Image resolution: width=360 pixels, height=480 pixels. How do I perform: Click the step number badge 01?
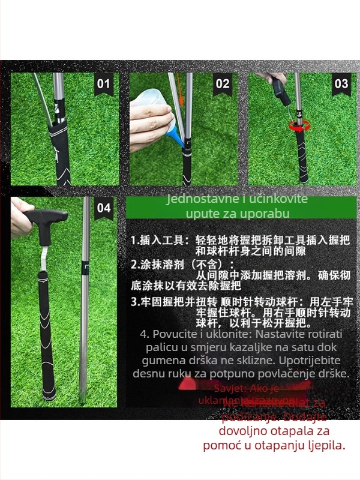[x=104, y=83]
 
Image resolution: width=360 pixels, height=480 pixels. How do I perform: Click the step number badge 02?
[x=223, y=83]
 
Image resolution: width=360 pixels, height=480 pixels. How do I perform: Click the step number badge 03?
[x=341, y=83]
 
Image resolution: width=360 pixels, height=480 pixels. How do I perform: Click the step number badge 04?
[x=104, y=208]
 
